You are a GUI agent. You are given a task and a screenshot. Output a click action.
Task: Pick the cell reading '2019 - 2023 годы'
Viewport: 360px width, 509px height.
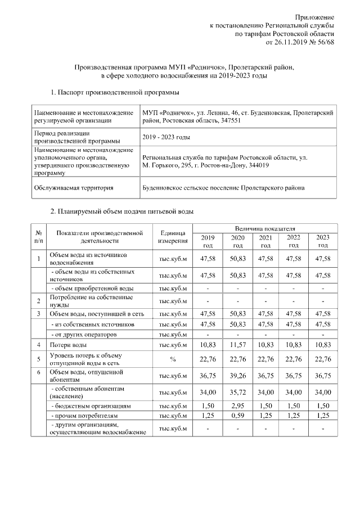[x=166, y=137]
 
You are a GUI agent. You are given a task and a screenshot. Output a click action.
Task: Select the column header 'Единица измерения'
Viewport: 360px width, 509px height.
[x=173, y=237]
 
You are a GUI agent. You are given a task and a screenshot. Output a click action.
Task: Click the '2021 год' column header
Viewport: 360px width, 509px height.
[x=265, y=241]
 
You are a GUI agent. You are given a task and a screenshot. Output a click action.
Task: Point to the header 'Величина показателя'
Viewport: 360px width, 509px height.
[x=265, y=229]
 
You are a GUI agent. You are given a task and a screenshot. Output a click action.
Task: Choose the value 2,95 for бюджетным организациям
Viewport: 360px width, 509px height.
[x=237, y=406]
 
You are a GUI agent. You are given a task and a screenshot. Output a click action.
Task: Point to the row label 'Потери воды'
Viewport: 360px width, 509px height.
[x=68, y=344]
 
